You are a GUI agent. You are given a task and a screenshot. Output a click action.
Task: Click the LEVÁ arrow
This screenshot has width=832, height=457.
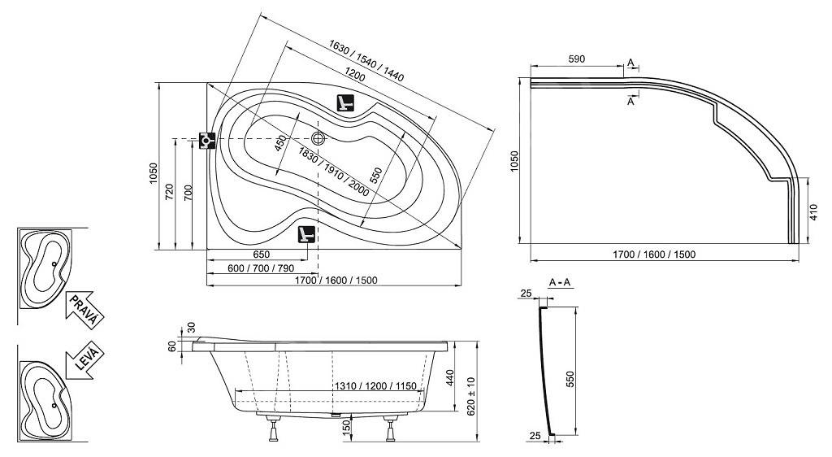click(84, 360)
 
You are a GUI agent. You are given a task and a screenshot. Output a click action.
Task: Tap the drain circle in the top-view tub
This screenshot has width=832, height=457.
click(318, 138)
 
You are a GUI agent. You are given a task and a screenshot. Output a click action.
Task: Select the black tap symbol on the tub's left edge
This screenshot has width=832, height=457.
click(207, 140)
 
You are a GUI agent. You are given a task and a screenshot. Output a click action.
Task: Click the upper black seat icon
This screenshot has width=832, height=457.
click(345, 102)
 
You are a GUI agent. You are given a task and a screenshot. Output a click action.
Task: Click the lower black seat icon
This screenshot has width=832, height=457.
click(306, 234)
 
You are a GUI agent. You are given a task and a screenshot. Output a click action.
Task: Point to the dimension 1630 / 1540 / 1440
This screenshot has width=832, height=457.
click(366, 61)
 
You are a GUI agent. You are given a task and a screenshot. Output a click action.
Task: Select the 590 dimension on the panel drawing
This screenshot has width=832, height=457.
click(576, 59)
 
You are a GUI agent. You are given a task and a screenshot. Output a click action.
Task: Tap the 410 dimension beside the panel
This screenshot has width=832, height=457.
click(814, 211)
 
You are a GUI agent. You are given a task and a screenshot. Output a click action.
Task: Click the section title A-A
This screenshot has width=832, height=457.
click(559, 282)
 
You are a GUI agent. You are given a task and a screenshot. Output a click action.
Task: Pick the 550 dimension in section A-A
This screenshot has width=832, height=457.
click(570, 378)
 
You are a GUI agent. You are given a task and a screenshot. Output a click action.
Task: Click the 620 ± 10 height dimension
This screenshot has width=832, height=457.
click(471, 396)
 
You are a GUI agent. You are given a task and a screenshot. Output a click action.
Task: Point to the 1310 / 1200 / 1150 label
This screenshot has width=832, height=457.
click(375, 386)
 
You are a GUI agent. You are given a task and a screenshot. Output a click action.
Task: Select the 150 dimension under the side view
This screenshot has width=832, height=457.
click(345, 427)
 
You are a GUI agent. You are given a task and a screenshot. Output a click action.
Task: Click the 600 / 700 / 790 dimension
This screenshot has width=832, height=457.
click(261, 268)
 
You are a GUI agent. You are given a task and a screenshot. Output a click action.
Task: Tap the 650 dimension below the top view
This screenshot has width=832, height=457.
click(261, 255)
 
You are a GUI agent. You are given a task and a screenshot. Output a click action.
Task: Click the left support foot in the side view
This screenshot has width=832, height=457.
click(274, 429)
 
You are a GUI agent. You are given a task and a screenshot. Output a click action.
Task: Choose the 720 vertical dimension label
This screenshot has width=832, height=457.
click(169, 192)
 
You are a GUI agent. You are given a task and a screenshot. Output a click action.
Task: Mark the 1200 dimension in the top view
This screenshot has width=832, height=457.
click(354, 75)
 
